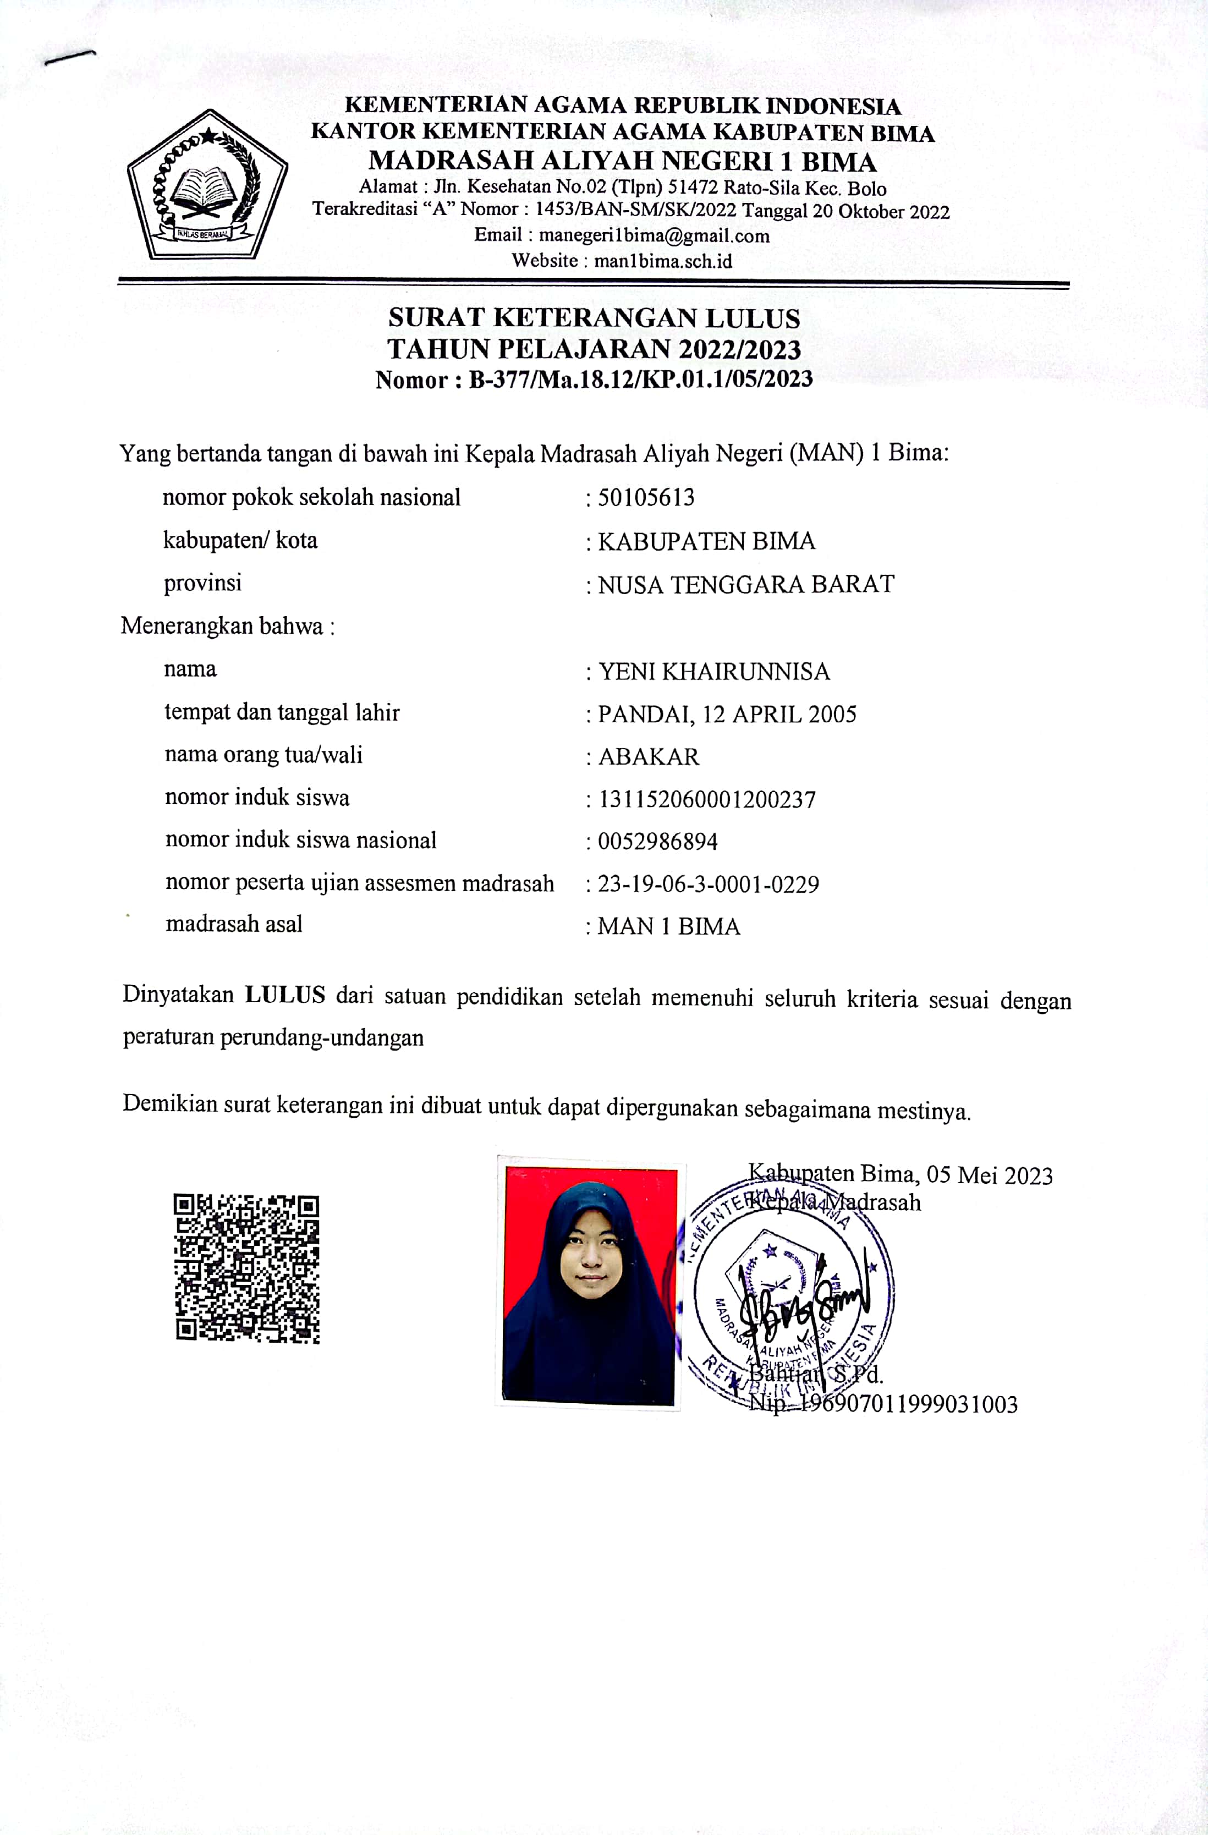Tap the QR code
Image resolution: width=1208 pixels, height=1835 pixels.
246,1268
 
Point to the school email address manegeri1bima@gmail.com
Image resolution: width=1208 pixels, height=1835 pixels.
654,235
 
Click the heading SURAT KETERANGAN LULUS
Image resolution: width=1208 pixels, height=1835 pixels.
594,317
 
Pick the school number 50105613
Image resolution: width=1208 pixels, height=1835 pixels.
646,497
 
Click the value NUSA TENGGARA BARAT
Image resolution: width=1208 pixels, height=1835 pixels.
745,584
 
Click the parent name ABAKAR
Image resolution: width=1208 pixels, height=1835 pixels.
649,757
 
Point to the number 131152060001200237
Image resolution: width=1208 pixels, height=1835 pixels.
706,800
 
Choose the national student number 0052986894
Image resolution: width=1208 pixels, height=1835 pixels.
657,841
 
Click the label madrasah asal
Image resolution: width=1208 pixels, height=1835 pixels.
234,924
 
